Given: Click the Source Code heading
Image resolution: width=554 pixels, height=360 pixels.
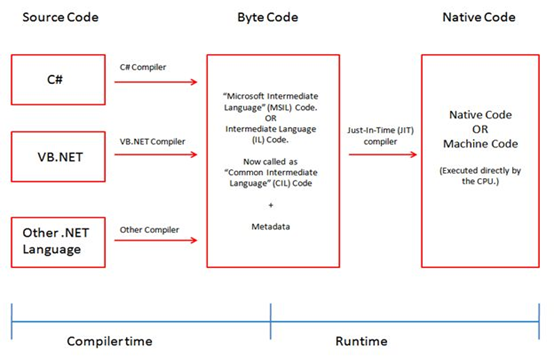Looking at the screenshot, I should pyautogui.click(x=50, y=17).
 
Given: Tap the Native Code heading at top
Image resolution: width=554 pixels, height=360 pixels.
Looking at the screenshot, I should pyautogui.click(x=483, y=17).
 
